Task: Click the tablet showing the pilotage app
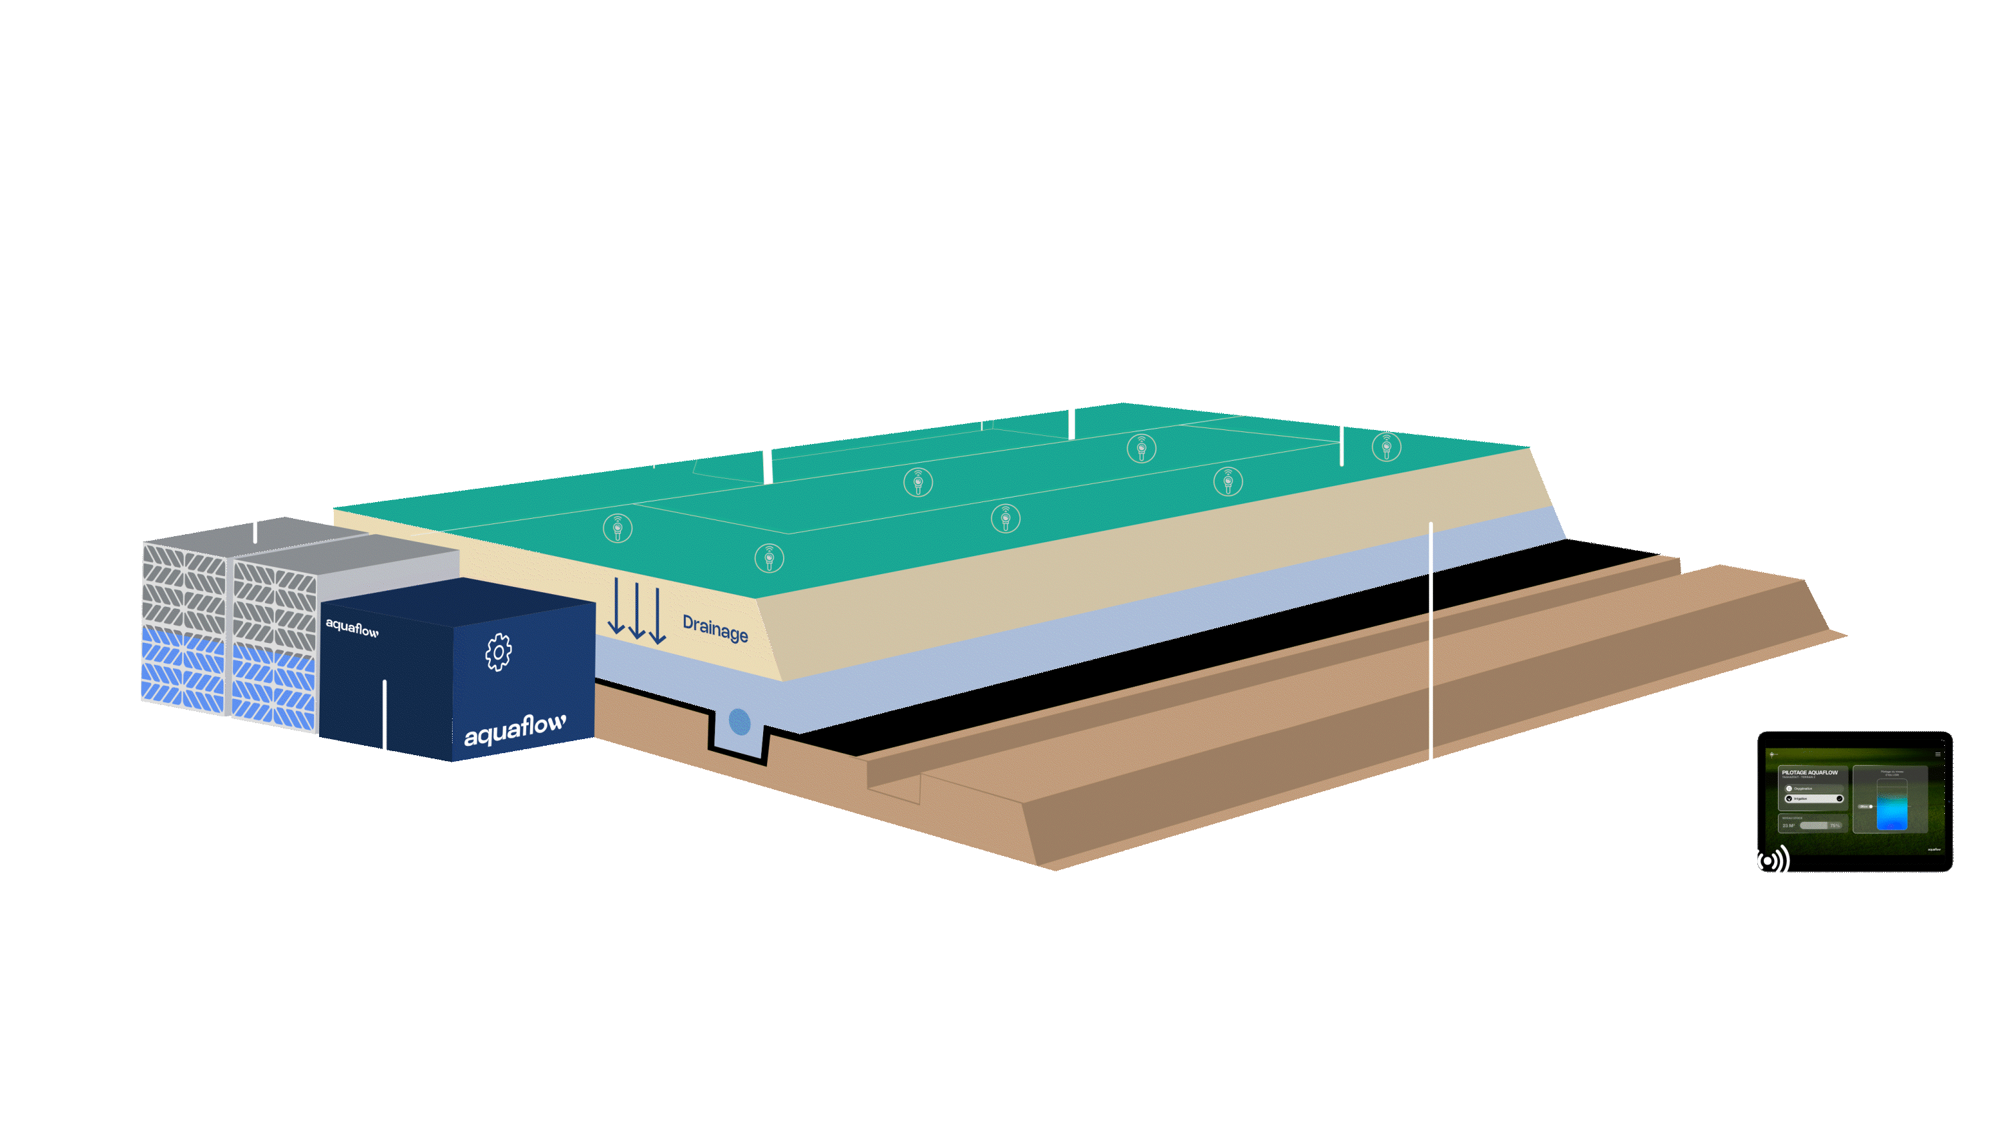[1855, 801]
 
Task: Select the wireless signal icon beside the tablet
[1767, 860]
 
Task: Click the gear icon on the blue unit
[499, 652]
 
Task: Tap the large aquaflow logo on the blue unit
[515, 730]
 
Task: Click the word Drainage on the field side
[714, 628]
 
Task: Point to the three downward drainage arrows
[636, 612]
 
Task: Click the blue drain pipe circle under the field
[740, 722]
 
